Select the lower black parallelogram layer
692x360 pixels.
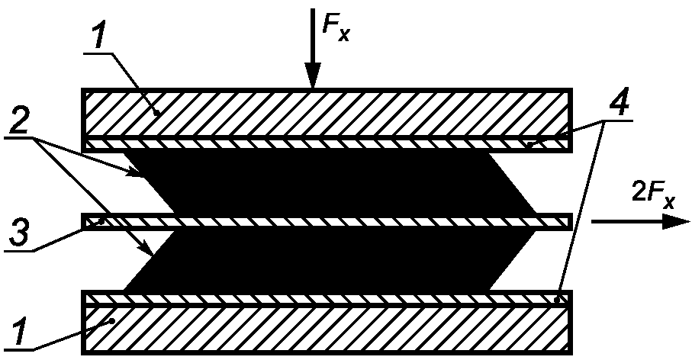(328, 260)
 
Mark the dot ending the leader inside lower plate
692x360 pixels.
(113, 322)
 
